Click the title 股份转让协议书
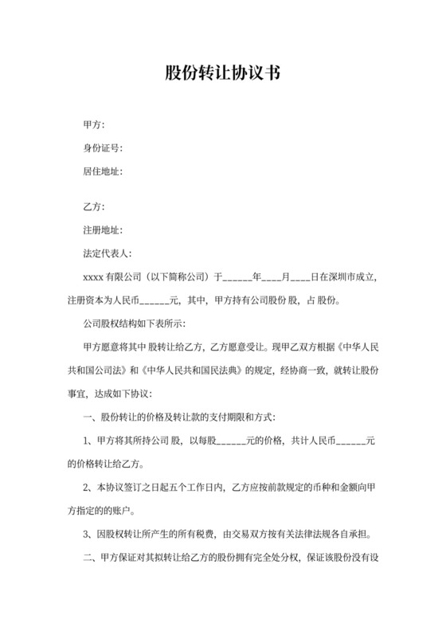click(x=222, y=73)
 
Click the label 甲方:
click(x=94, y=125)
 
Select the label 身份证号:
click(x=103, y=148)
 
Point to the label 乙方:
click(x=94, y=207)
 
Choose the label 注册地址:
click(x=103, y=230)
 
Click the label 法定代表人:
click(x=108, y=253)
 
